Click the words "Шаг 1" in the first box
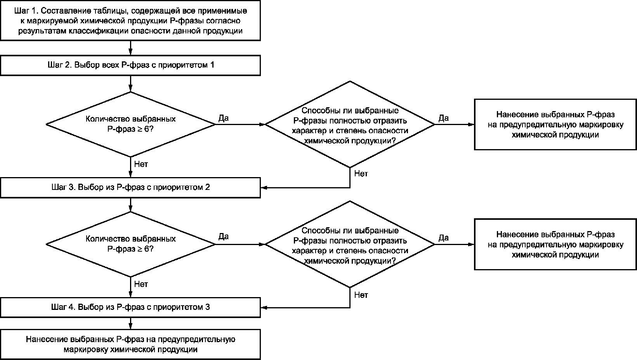click(x=26, y=11)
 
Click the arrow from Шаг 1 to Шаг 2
click(x=130, y=48)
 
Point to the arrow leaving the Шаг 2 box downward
click(x=130, y=83)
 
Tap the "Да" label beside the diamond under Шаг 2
click(x=224, y=118)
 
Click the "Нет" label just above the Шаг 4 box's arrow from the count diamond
click(x=141, y=284)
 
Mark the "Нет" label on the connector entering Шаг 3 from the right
click(x=361, y=174)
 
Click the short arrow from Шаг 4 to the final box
click(x=130, y=323)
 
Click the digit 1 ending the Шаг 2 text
click(x=212, y=65)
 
